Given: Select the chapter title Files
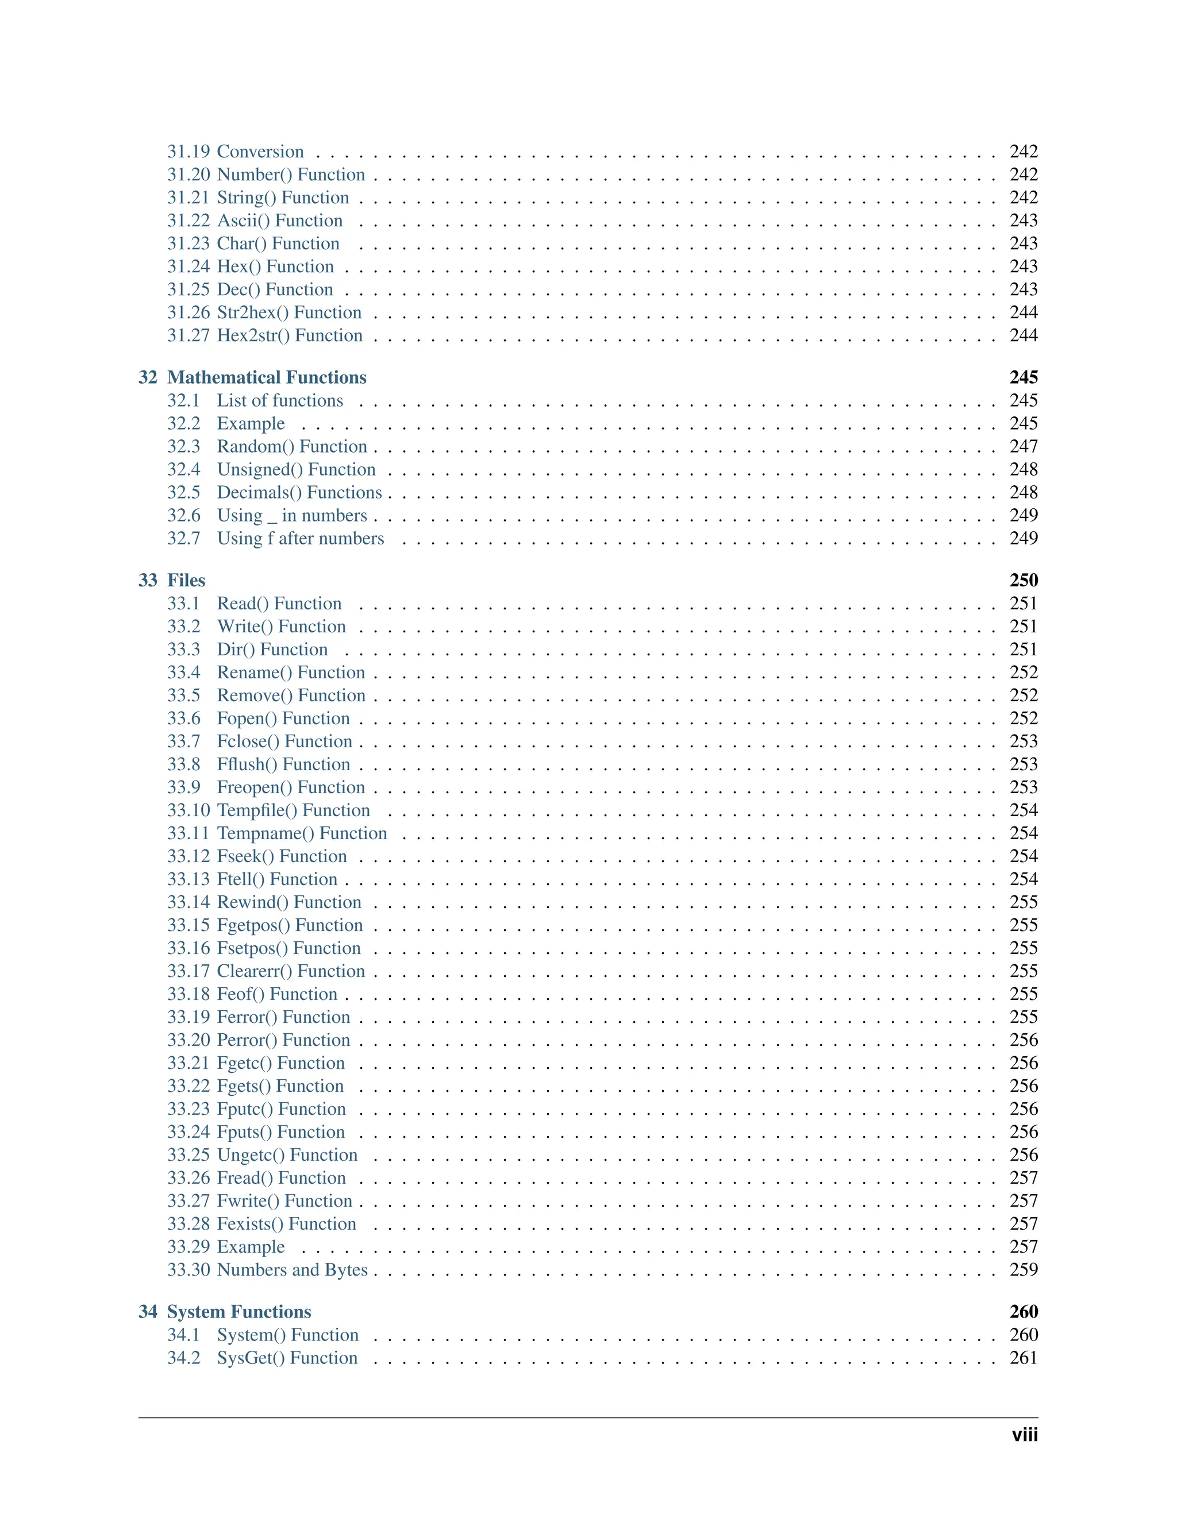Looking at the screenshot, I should coord(186,580).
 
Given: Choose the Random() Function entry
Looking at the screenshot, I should coord(291,446).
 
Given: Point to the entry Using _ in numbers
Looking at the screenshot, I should coord(291,515).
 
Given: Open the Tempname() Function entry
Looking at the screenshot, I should coord(301,833).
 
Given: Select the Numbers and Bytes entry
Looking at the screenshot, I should coord(291,1269).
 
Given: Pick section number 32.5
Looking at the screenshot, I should coord(183,492).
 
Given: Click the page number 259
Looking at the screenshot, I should coord(1023,1269).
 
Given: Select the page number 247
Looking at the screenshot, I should coord(1023,446).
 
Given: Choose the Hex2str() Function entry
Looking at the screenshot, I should coord(290,335).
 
